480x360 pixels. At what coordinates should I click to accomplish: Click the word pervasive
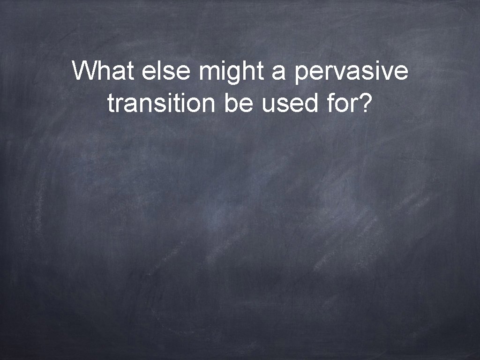tap(352, 73)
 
